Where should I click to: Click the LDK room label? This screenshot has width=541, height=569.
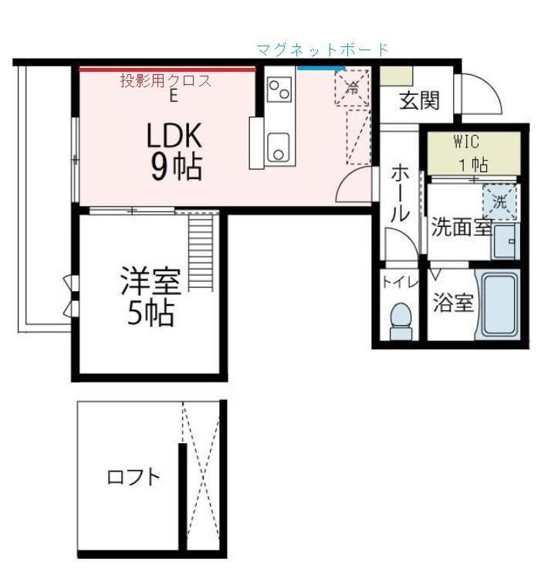[x=174, y=137]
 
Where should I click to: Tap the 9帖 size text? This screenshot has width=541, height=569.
[x=176, y=168]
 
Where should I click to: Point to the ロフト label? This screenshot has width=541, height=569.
[x=134, y=476]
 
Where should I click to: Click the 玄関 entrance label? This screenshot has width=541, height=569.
[x=419, y=100]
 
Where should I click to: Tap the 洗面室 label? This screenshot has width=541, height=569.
[x=461, y=227]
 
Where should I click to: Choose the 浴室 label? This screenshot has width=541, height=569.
[x=452, y=303]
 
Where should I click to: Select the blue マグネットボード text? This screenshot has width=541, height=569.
[x=323, y=50]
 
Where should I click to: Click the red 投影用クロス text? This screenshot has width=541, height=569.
[x=165, y=80]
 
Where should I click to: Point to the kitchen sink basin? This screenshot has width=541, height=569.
[x=278, y=146]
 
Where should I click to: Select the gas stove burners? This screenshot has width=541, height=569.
[x=279, y=90]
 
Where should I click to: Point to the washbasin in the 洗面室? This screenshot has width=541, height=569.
[x=505, y=242]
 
